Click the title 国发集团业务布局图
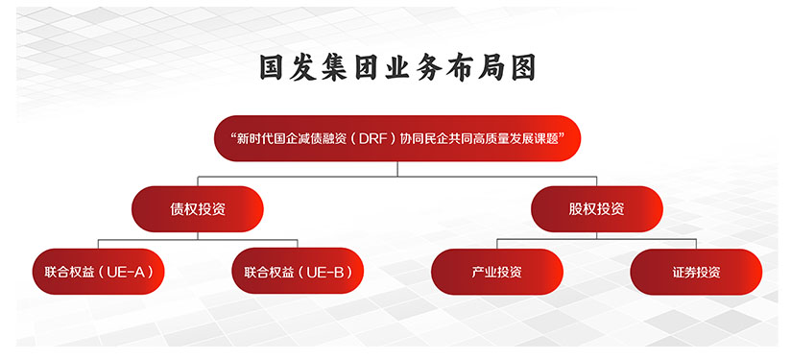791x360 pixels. (x=397, y=67)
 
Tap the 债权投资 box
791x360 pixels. (x=197, y=208)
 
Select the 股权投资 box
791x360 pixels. (x=597, y=208)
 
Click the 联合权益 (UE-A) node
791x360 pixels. (x=98, y=272)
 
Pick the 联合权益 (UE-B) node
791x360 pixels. (x=298, y=272)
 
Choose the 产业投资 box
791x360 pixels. (x=497, y=272)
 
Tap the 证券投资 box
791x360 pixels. (x=696, y=272)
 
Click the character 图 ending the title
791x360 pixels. (x=522, y=67)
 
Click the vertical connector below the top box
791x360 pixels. (x=397, y=169)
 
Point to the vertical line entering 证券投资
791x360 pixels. (x=696, y=244)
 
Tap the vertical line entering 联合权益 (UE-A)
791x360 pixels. (x=98, y=244)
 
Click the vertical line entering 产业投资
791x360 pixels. (x=497, y=244)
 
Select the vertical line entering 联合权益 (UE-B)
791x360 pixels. (x=298, y=244)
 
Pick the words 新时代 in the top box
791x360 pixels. (x=253, y=138)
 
